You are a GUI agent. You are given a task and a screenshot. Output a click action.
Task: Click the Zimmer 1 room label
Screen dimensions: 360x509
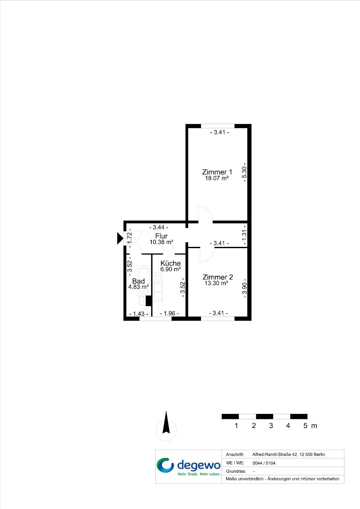pos(217,172)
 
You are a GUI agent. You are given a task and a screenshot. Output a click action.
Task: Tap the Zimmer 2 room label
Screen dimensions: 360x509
pos(218,277)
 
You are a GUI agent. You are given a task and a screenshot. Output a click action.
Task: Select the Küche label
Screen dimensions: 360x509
pos(171,263)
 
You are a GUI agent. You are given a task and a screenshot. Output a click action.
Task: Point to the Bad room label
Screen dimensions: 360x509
pos(138,281)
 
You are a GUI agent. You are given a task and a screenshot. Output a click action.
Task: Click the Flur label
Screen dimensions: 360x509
pos(161,236)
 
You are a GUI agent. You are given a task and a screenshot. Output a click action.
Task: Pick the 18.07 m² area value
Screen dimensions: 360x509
pos(217,178)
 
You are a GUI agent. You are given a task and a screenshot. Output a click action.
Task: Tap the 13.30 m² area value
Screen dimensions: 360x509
pos(216,283)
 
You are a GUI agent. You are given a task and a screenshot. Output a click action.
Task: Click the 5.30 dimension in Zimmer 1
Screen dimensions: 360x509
pos(244,172)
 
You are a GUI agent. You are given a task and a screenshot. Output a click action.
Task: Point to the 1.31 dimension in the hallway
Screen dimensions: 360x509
pos(244,236)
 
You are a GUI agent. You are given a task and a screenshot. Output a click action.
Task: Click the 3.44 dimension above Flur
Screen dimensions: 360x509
pos(159,227)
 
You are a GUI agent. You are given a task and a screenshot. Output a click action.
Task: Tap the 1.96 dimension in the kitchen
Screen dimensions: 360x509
pos(169,313)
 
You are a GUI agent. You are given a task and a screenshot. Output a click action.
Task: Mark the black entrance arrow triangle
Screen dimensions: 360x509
pos(120,238)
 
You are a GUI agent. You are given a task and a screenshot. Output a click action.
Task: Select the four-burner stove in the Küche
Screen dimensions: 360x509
pos(158,278)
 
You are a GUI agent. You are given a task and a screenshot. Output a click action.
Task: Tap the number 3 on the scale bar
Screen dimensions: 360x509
pos(271,426)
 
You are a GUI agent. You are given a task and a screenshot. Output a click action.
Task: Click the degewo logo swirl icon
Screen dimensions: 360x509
pos(165,465)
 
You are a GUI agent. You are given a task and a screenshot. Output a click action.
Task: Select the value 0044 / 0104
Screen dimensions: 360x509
pos(264,463)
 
